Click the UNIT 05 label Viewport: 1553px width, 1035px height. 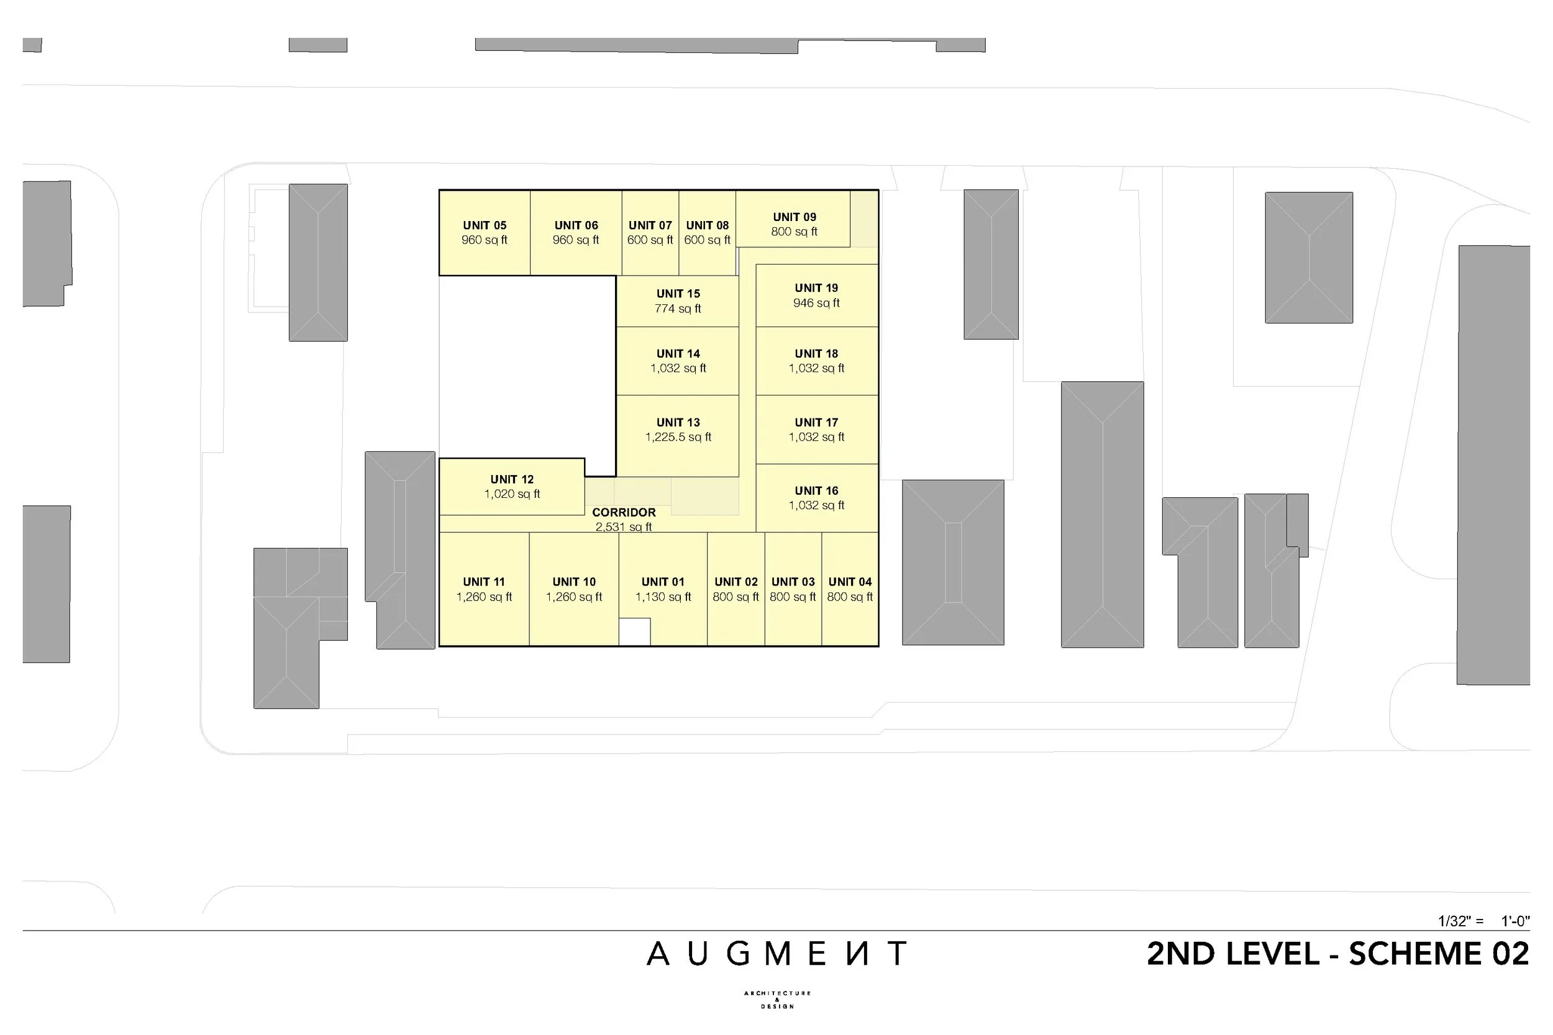point(484,225)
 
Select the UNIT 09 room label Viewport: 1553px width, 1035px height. point(795,217)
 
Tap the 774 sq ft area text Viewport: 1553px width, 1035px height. point(678,308)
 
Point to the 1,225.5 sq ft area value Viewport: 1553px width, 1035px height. point(678,437)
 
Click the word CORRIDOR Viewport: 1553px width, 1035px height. point(623,512)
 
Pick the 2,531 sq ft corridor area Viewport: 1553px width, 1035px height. point(623,527)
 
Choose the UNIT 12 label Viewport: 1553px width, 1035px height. point(512,479)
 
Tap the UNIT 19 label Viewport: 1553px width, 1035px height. point(816,288)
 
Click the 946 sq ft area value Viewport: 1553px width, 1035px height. point(816,303)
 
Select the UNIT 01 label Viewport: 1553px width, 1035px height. point(663,582)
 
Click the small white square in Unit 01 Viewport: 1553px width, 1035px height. point(634,631)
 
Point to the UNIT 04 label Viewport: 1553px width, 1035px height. point(850,582)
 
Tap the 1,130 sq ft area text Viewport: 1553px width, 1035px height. point(663,597)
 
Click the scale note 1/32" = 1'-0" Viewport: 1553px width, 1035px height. point(1483,921)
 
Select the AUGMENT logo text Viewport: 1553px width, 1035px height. point(776,954)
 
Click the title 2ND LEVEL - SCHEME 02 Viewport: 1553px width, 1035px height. point(1337,954)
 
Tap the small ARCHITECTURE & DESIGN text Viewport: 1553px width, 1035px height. point(777,1000)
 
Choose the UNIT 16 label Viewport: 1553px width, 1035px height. point(816,490)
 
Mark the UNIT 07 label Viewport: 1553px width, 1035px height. point(650,225)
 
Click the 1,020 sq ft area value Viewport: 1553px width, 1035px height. point(512,494)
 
